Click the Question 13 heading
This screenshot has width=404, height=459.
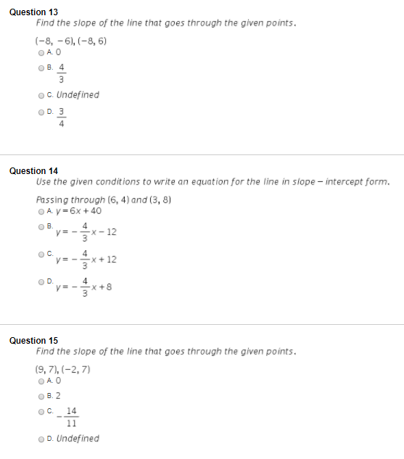point(33,12)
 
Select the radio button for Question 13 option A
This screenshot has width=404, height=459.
point(40,52)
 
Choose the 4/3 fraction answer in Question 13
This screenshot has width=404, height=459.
point(62,73)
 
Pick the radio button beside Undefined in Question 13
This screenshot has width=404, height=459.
point(40,95)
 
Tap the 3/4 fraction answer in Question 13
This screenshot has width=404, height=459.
point(62,117)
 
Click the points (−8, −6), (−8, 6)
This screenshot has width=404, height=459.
point(71,41)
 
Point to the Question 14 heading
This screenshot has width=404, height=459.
point(33,171)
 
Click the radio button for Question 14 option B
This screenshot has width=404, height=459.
point(40,226)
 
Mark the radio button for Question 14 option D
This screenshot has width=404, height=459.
point(40,281)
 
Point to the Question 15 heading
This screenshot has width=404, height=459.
point(33,340)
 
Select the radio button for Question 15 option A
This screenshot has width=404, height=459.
point(40,380)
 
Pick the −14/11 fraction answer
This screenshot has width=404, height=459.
point(70,416)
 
